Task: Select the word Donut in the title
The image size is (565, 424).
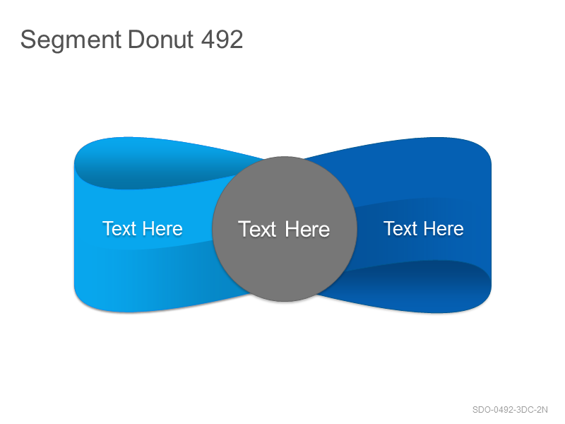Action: coord(161,40)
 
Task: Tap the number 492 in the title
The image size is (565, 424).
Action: coord(222,40)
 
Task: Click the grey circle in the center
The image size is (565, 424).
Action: coord(285,229)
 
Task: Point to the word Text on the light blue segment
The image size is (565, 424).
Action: coord(119,228)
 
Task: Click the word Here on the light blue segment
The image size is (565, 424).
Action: coord(162,228)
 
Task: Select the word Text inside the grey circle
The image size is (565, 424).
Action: coord(257,229)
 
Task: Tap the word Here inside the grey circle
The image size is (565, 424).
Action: coord(307,229)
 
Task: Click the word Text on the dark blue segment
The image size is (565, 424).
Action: coord(400,228)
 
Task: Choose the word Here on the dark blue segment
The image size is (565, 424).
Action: coord(444,228)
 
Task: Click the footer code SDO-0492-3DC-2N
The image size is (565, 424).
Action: coord(510,410)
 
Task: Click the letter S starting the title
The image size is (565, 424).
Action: coord(28,40)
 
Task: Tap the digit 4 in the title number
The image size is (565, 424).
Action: coord(208,40)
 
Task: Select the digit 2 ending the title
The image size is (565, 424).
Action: coord(237,40)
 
